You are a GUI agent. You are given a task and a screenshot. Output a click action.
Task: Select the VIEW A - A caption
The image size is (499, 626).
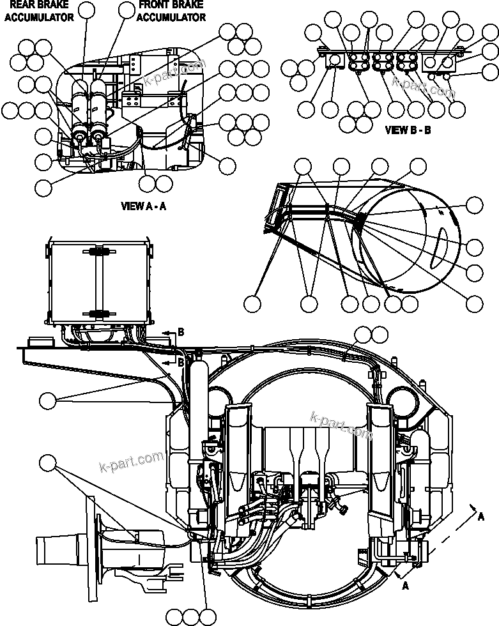pos(144,206)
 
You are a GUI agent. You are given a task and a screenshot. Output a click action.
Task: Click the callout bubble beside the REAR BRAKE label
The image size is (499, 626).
pos(26,47)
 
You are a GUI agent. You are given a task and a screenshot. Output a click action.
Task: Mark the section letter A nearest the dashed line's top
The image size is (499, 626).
pos(480,517)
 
